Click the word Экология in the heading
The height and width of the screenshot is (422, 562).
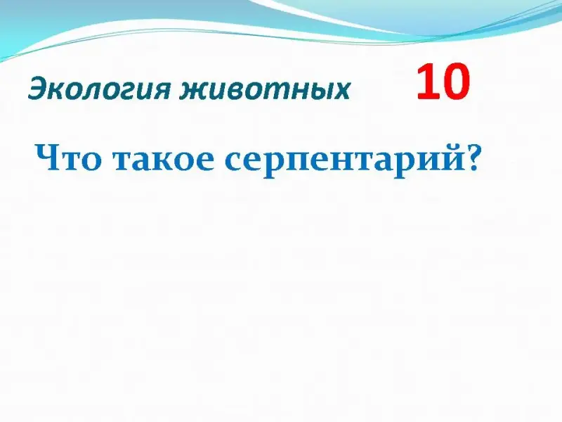point(98,90)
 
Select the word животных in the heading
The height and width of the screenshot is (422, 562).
point(265,89)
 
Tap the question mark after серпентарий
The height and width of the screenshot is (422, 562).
point(470,157)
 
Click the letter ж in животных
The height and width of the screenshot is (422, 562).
point(194,91)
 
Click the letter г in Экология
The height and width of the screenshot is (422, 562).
point(120,91)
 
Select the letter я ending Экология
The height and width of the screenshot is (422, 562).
point(160,91)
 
